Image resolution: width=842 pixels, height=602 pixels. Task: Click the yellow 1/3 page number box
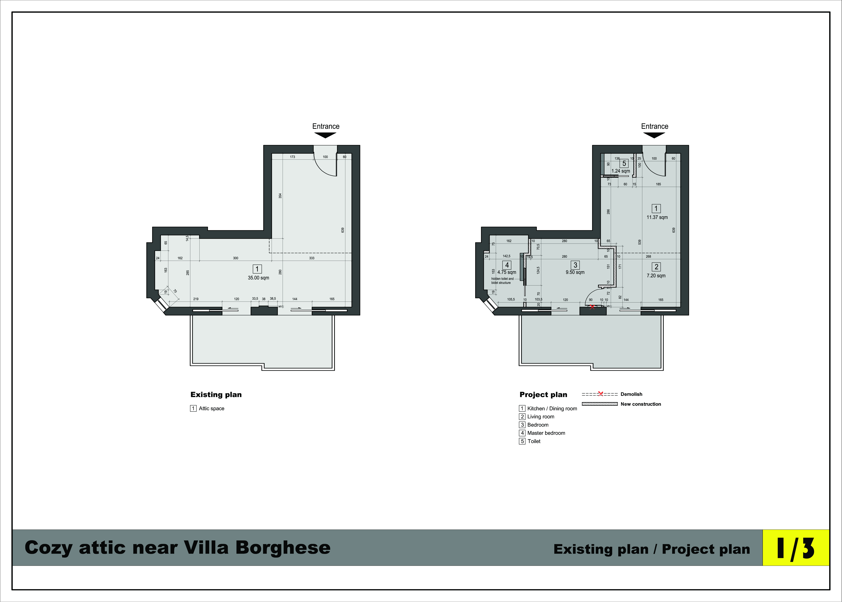pos(795,547)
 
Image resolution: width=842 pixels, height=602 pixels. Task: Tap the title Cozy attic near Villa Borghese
pos(177,548)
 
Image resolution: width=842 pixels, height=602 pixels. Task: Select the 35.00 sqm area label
pos(258,278)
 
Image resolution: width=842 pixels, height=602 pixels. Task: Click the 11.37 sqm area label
pos(657,217)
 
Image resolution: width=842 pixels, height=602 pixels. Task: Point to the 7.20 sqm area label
pos(656,275)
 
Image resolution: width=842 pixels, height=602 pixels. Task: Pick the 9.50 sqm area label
pos(575,272)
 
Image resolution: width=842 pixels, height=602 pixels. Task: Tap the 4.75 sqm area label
pos(507,272)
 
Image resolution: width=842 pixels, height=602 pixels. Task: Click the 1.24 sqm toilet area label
pos(621,171)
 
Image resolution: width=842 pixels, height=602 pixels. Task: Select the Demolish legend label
pos(631,394)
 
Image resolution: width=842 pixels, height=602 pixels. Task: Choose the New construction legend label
pos(641,404)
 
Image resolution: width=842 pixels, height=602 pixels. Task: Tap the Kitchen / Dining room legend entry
pos(548,409)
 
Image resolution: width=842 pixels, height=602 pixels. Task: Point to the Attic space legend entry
pos(207,409)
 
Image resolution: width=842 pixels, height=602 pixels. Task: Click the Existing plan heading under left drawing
pos(216,394)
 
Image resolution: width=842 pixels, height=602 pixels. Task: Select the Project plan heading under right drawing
pos(543,394)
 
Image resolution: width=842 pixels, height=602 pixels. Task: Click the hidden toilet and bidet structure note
pos(502,281)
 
